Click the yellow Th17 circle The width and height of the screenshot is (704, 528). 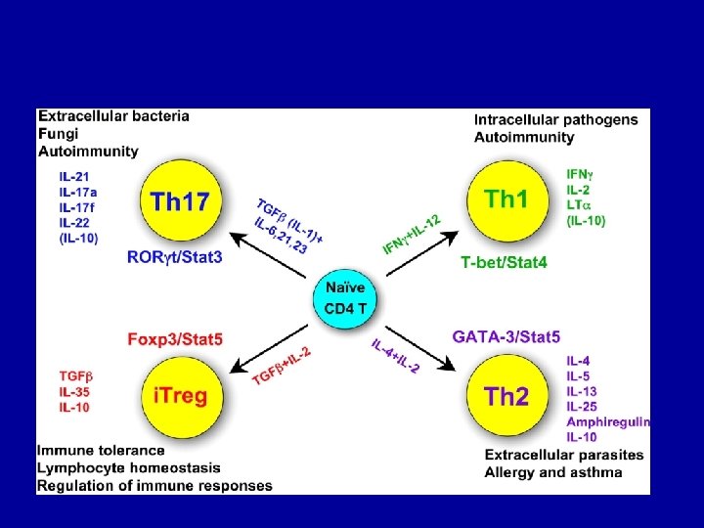[x=180, y=201]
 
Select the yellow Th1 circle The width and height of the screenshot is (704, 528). [x=506, y=199]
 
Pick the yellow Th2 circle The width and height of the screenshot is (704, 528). [x=506, y=397]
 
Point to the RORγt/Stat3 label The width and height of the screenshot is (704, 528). [x=175, y=257]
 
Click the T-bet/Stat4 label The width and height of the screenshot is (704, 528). [x=505, y=261]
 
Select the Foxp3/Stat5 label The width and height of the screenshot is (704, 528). [x=175, y=339]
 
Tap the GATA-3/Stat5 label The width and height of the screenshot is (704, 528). [x=506, y=337]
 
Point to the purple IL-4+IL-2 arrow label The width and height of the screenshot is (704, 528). [x=395, y=356]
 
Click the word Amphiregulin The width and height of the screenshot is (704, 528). [x=607, y=421]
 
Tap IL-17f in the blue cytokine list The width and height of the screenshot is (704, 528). [x=77, y=207]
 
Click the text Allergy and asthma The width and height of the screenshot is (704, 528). [x=552, y=472]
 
